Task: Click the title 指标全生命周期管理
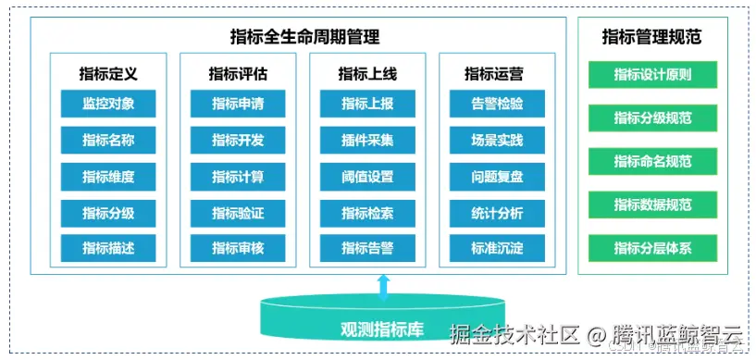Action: (x=304, y=38)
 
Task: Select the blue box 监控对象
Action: (x=108, y=104)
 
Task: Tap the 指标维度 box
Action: (x=108, y=177)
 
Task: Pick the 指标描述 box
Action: (x=108, y=248)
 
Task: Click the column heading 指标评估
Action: (x=238, y=74)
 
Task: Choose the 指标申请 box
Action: (x=238, y=104)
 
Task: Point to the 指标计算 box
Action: (x=238, y=177)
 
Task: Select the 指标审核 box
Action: (x=238, y=248)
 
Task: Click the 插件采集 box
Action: (x=367, y=141)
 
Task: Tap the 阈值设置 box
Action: (x=367, y=177)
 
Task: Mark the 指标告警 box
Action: (x=367, y=248)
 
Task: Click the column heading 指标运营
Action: (x=497, y=74)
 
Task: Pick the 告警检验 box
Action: (x=497, y=104)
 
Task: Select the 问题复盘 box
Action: (x=497, y=177)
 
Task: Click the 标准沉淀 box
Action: (x=497, y=248)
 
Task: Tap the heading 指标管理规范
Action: (x=651, y=38)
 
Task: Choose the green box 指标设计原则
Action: (x=652, y=75)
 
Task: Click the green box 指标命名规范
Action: (x=652, y=161)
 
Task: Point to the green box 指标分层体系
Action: (x=652, y=248)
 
